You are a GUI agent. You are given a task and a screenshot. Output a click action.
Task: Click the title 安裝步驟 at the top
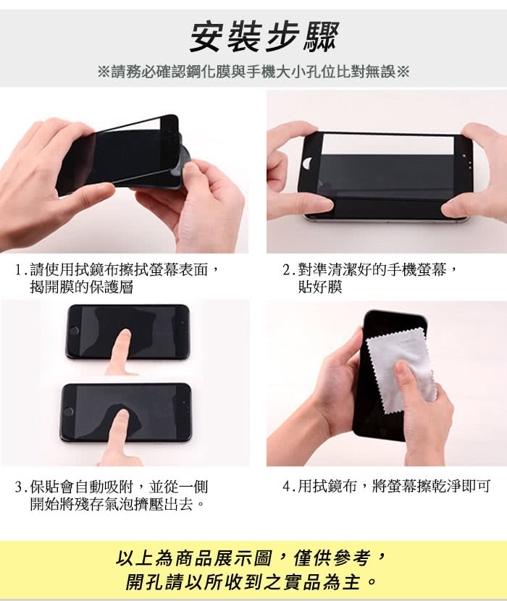coord(264,36)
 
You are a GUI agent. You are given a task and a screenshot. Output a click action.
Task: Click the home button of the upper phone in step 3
coord(74,331)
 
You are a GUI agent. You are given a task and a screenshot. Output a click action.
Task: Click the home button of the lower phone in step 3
coord(69,412)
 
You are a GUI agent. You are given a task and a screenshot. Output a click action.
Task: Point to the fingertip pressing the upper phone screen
coord(123,335)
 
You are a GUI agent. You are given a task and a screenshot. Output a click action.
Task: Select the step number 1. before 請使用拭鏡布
coord(21,270)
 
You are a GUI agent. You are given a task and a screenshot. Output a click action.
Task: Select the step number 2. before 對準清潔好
coord(289,270)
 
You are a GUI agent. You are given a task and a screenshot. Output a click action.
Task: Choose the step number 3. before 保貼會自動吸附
coord(21,487)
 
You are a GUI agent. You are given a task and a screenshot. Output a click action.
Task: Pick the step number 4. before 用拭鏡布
coord(289,487)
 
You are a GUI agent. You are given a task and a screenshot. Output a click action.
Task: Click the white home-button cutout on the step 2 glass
coord(307,163)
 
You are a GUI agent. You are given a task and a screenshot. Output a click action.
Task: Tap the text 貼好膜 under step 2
coord(320,287)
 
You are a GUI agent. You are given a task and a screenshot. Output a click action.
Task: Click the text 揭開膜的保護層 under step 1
coord(82,287)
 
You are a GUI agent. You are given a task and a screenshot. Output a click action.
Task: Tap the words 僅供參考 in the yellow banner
coord(332,558)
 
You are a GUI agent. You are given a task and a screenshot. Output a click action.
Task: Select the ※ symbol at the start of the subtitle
coord(104,71)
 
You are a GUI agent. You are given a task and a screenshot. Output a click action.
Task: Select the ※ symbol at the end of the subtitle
coord(403,71)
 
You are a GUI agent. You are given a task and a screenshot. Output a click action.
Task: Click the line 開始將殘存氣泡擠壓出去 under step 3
coord(117,505)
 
